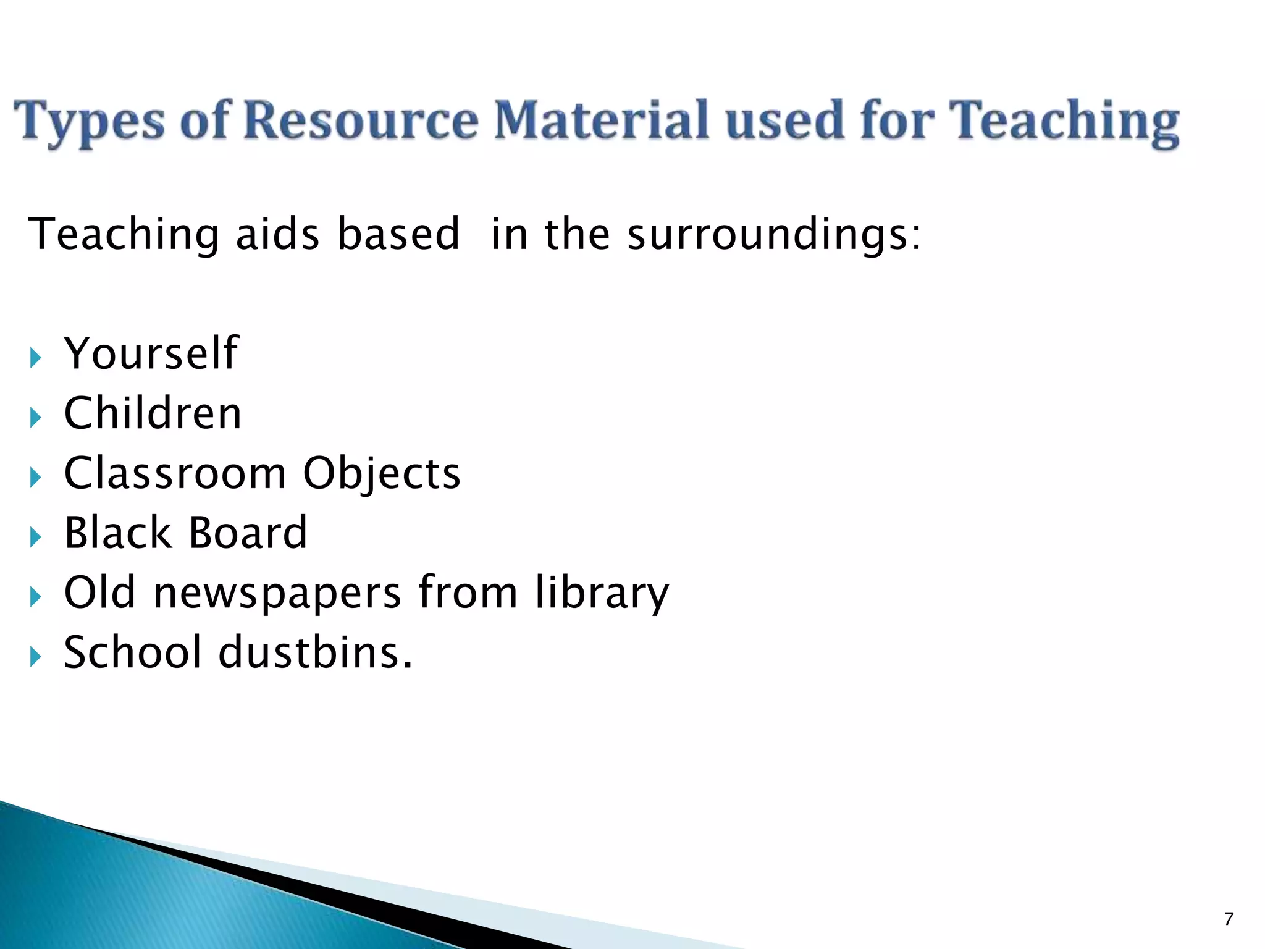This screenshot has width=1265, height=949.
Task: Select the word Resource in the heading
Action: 360,120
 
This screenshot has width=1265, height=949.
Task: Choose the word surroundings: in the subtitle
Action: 774,235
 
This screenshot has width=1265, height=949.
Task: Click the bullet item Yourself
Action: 151,353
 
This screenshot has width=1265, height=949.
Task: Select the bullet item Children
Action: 153,413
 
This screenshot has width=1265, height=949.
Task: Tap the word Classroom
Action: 175,473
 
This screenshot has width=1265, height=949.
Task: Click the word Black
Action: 117,533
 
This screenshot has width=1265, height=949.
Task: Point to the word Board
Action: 248,533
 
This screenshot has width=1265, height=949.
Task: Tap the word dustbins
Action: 316,652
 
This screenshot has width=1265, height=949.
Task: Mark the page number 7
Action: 1229,919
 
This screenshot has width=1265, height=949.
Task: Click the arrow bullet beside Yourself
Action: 35,358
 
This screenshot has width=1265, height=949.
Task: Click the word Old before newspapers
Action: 99,593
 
